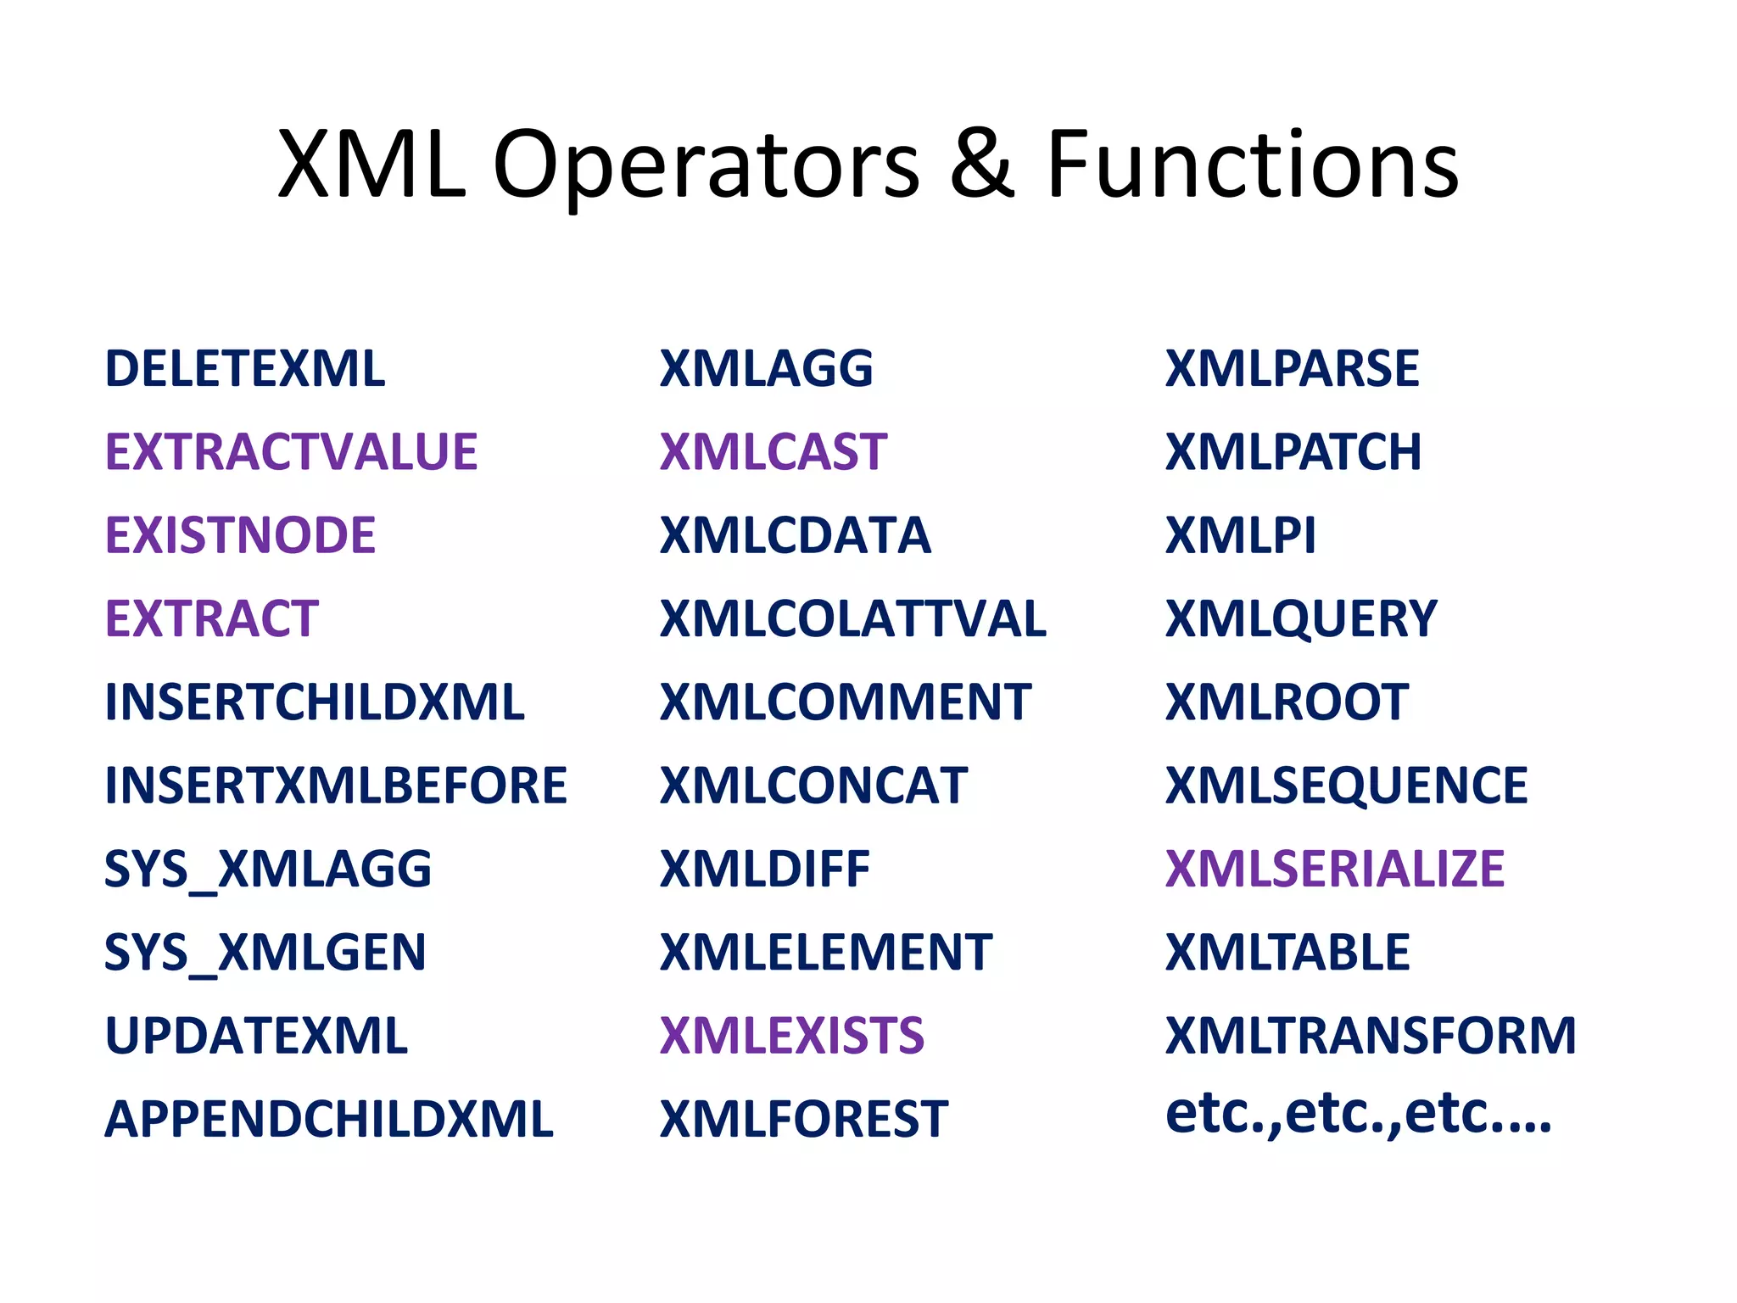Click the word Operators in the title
click(x=706, y=165)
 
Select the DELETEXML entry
click(x=244, y=369)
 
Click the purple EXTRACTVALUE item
click(x=291, y=452)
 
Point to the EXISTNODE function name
click(x=240, y=535)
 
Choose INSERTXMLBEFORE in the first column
click(x=335, y=786)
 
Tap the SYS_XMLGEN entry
click(x=265, y=953)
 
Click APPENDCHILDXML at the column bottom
click(x=328, y=1119)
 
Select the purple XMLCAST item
click(x=773, y=452)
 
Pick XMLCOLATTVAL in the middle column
click(x=852, y=618)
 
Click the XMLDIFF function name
click(x=764, y=869)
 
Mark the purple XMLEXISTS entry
click(x=791, y=1036)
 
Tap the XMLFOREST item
click(x=803, y=1119)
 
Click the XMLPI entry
click(x=1240, y=535)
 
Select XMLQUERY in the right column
click(x=1300, y=618)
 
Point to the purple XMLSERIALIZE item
click(x=1334, y=869)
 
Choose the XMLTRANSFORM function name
click(x=1370, y=1036)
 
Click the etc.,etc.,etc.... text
click(x=1358, y=1114)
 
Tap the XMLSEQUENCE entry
click(x=1346, y=786)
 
